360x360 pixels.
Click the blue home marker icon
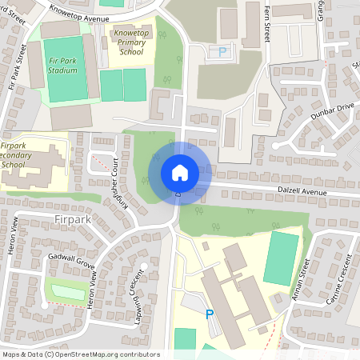pyautogui.click(x=180, y=173)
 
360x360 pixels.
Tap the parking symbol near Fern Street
pyautogui.click(x=223, y=52)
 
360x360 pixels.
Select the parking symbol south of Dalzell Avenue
pyautogui.click(x=210, y=314)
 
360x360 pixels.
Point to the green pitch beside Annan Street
pyautogui.click(x=282, y=258)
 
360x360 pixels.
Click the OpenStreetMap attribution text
pyautogui.click(x=80, y=354)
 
